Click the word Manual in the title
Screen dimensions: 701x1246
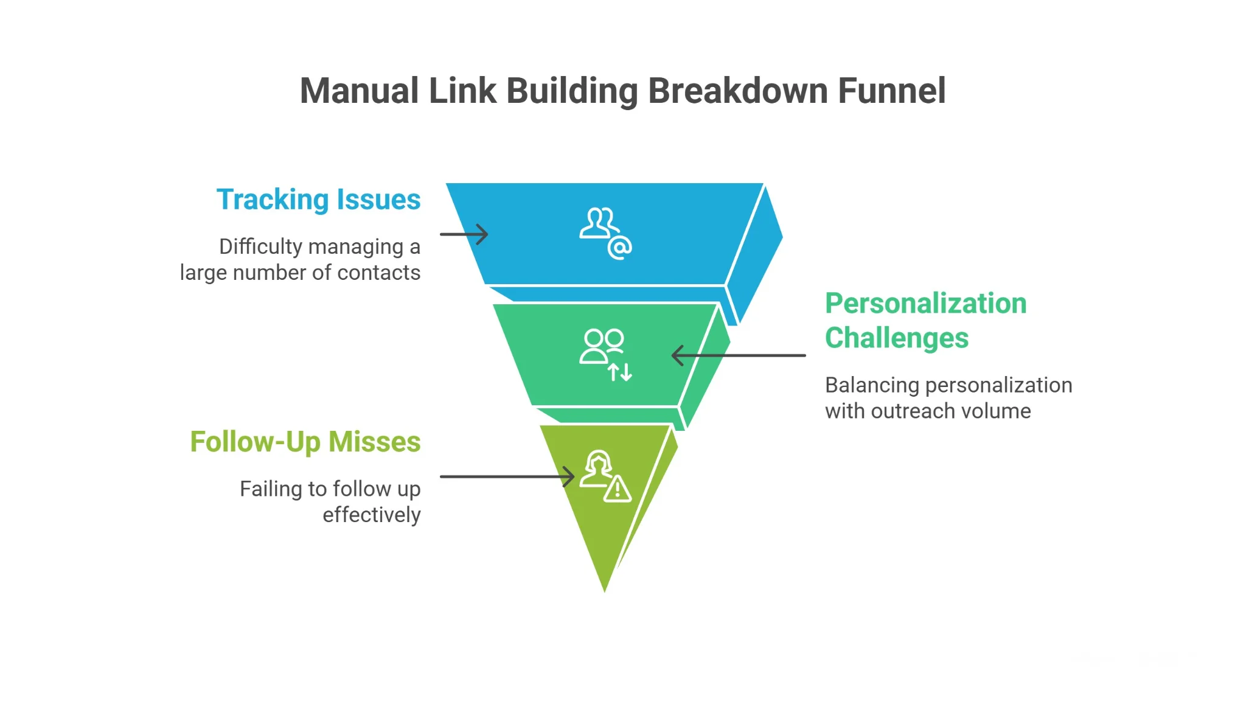pyautogui.click(x=360, y=91)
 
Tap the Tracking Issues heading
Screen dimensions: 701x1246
pyautogui.click(x=318, y=200)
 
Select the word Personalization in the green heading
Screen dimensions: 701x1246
pyautogui.click(x=925, y=303)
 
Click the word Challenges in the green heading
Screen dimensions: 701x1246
pyautogui.click(x=896, y=338)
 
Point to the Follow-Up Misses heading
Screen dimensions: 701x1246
pyautogui.click(x=305, y=442)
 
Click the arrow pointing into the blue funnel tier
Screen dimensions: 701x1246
pyautogui.click(x=464, y=234)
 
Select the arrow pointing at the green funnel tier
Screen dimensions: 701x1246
pyautogui.click(x=738, y=355)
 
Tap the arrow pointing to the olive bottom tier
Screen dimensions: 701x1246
pyautogui.click(x=507, y=476)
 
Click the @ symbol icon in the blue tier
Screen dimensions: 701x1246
pyautogui.click(x=620, y=248)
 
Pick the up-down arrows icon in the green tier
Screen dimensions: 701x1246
pyautogui.click(x=620, y=371)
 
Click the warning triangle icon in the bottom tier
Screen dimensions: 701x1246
pyautogui.click(x=618, y=489)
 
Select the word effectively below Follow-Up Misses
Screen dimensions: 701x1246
pyautogui.click(x=371, y=515)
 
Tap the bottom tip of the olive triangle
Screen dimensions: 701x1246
pyautogui.click(x=604, y=588)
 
